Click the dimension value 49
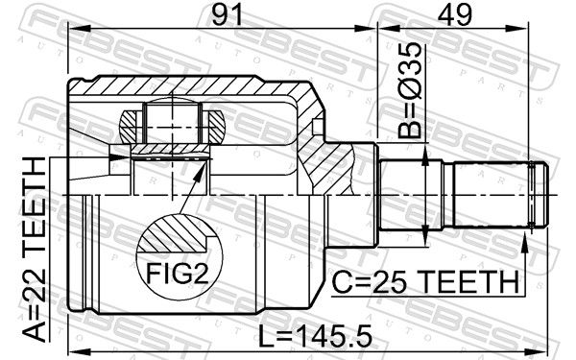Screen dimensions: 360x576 point(450,15)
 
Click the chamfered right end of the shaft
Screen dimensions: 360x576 point(543,196)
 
